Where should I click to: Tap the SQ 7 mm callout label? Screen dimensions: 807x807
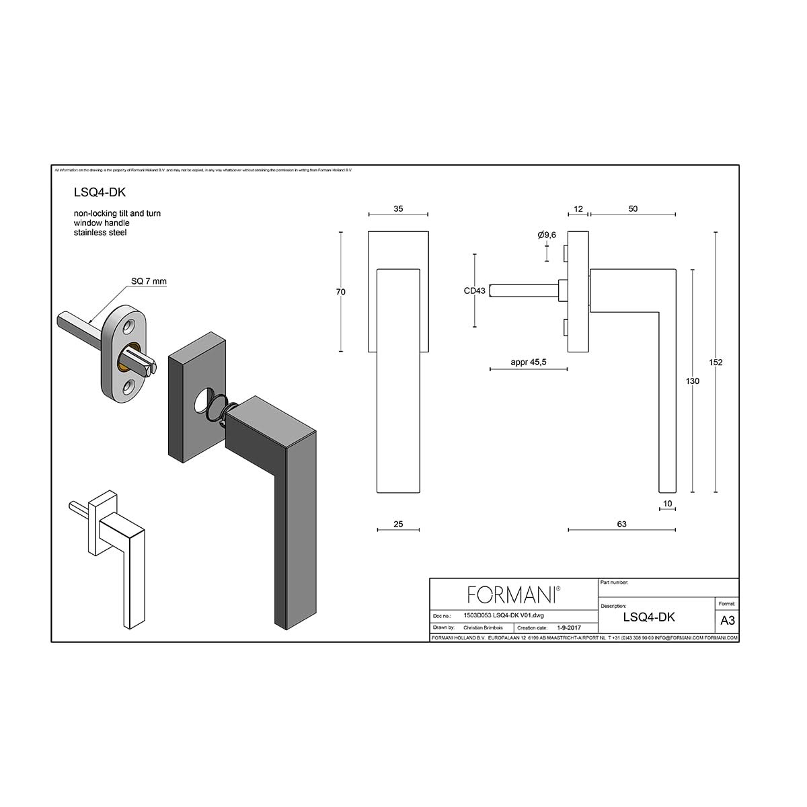pyautogui.click(x=149, y=281)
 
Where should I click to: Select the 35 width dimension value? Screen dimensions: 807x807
pyautogui.click(x=398, y=209)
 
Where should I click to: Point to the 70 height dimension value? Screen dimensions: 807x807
pyautogui.click(x=341, y=292)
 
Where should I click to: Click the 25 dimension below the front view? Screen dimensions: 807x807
pyautogui.click(x=398, y=524)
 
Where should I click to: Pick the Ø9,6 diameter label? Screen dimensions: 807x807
pyautogui.click(x=547, y=235)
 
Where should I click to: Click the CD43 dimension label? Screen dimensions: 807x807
pyautogui.click(x=474, y=291)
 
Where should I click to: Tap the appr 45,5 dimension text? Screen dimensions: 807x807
pyautogui.click(x=529, y=362)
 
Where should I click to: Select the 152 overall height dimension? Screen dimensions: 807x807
pyautogui.click(x=716, y=362)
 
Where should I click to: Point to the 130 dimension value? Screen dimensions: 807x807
pyautogui.click(x=693, y=381)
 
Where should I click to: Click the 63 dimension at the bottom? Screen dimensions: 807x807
pyautogui.click(x=621, y=524)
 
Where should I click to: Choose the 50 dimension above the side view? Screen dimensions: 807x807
pyautogui.click(x=633, y=209)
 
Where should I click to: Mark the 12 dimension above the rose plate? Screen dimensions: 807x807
pyautogui.click(x=578, y=209)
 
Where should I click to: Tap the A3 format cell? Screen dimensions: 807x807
pyautogui.click(x=727, y=620)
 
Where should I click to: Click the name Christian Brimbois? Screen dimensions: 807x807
pyautogui.click(x=483, y=627)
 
